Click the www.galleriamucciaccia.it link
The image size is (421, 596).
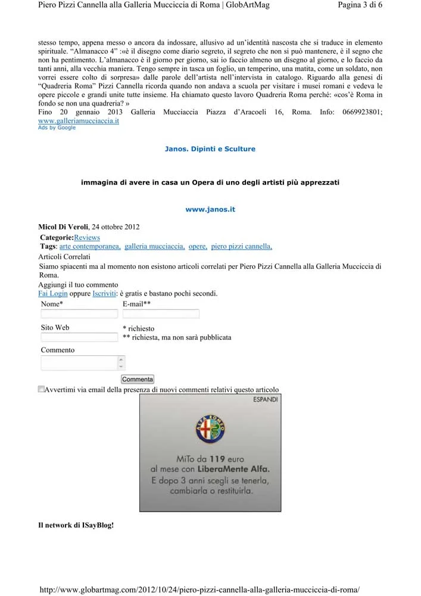tap(79, 120)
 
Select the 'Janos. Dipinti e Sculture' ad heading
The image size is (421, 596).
tap(210, 149)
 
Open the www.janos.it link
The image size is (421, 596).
tap(210, 209)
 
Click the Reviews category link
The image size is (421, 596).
tap(87, 238)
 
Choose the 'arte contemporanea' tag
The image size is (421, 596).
tap(90, 246)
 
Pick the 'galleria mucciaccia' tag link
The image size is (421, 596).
tap(155, 246)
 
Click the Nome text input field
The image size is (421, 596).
tap(79, 314)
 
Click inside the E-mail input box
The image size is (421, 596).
tap(161, 314)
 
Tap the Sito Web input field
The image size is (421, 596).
tap(79, 337)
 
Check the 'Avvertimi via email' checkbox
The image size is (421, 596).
tap(41, 389)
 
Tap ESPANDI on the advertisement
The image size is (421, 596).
tap(265, 399)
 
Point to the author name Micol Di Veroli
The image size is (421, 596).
tap(63, 227)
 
